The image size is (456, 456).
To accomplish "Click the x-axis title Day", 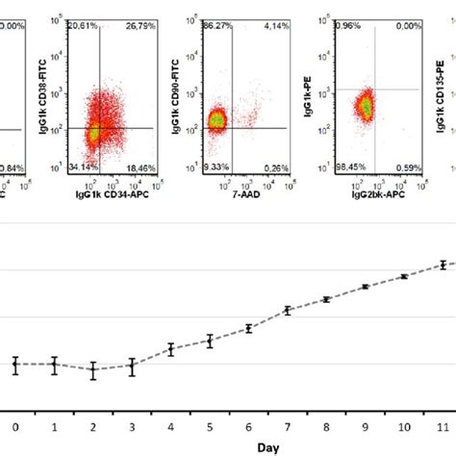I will (229, 446).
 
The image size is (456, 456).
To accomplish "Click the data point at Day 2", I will (93, 371).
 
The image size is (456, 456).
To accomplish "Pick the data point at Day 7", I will (288, 310).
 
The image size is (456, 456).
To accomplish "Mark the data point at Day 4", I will (171, 349).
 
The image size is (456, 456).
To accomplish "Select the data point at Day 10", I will (404, 276).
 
